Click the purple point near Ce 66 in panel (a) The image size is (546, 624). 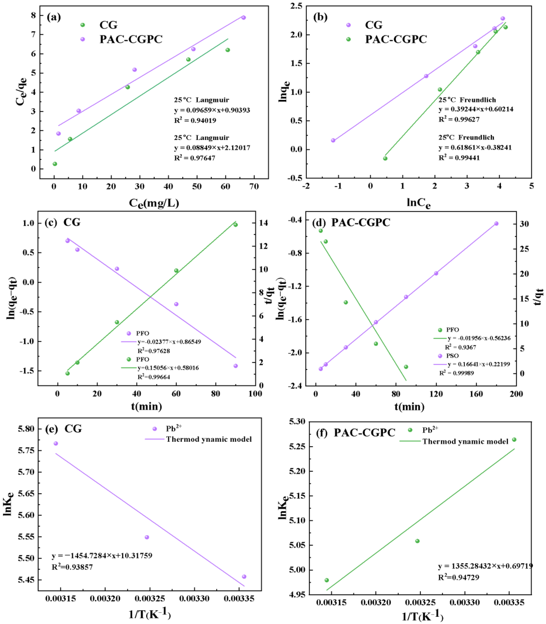click(x=243, y=18)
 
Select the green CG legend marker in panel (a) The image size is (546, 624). click(x=82, y=25)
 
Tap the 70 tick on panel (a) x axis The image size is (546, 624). click(x=254, y=186)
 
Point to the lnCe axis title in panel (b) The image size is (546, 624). click(x=419, y=203)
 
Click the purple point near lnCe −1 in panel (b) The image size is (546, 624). click(x=333, y=140)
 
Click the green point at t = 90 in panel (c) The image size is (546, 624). click(x=235, y=225)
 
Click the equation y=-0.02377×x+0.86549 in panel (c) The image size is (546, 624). click(x=169, y=342)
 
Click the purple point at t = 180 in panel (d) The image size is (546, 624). click(x=496, y=224)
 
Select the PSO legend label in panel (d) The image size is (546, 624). click(x=452, y=356)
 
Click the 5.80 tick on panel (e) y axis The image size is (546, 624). click(x=27, y=429)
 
